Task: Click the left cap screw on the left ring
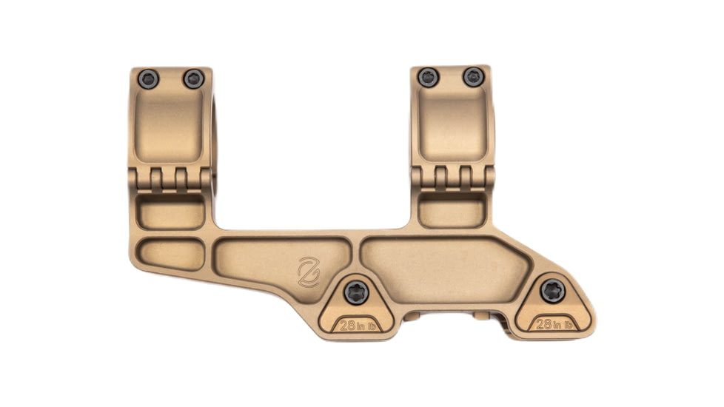[149, 78]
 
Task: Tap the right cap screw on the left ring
[194, 78]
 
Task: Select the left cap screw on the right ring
[428, 77]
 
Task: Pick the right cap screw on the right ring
[473, 77]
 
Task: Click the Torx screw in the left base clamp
[356, 292]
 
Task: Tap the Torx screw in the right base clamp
[552, 290]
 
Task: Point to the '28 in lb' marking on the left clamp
[357, 324]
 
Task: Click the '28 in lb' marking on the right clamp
[554, 323]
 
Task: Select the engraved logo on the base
[308, 272]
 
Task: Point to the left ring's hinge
[171, 178]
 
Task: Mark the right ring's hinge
[452, 178]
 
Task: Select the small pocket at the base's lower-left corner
[171, 253]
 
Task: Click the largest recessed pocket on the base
[444, 269]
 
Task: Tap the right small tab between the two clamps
[482, 316]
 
